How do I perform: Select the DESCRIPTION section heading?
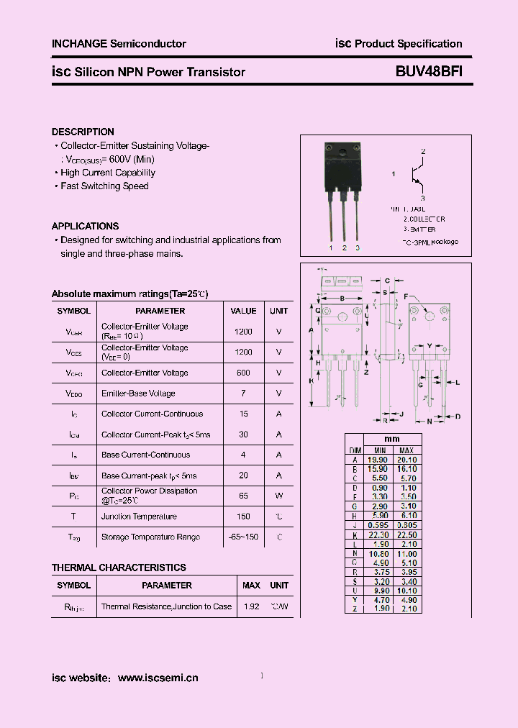tap(83, 132)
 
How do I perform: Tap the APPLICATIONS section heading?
tap(85, 226)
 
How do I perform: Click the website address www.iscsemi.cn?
tap(158, 678)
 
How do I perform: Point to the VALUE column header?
tap(243, 311)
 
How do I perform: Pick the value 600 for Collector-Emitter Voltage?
tap(243, 373)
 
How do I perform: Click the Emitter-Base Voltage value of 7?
tap(243, 393)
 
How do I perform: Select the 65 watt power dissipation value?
tap(243, 496)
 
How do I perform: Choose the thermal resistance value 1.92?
tap(251, 606)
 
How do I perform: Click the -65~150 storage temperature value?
tap(243, 537)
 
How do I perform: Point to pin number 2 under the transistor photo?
tap(344, 248)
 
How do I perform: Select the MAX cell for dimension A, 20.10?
tap(407, 460)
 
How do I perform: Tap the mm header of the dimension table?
tap(392, 439)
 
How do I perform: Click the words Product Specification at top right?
tap(409, 44)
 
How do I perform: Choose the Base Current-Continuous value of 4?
tap(243, 455)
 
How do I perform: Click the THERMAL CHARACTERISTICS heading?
tap(119, 568)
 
